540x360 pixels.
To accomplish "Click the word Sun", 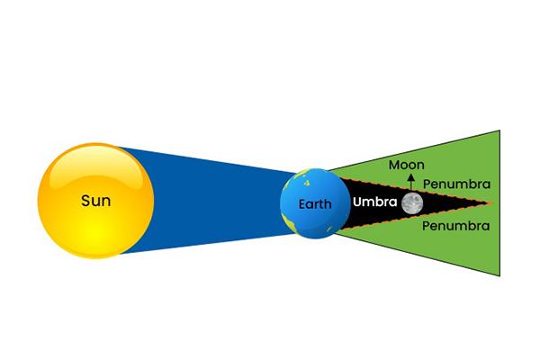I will point(95,201).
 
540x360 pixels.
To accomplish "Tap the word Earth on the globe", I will point(315,204).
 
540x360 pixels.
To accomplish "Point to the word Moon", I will point(406,165).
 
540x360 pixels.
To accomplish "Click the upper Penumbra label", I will point(456,184).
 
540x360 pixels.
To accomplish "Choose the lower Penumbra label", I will point(456,226).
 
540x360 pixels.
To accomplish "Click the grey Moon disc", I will point(412,203).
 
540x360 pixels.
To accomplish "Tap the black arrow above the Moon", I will point(412,183).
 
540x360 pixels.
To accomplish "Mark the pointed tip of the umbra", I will point(490,202).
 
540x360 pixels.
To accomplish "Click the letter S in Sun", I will point(85,201).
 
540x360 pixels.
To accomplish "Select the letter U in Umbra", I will point(356,202).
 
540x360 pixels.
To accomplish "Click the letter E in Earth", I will point(302,204).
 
